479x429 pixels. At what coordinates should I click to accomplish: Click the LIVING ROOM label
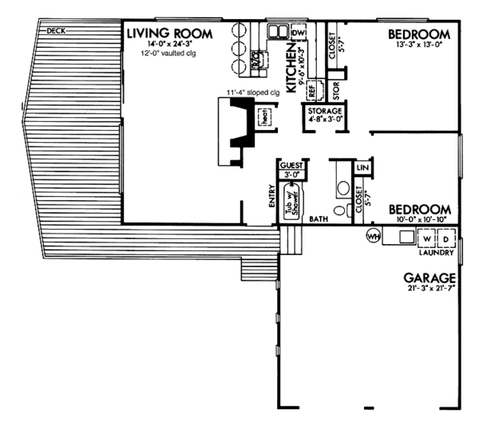point(170,33)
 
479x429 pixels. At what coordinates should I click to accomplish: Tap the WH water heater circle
point(372,236)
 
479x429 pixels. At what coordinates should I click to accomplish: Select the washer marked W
point(427,238)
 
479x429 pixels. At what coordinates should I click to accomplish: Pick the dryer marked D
point(445,238)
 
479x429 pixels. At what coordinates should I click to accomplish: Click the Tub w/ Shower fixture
point(294,197)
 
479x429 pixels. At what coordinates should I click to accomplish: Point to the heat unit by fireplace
point(263,114)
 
